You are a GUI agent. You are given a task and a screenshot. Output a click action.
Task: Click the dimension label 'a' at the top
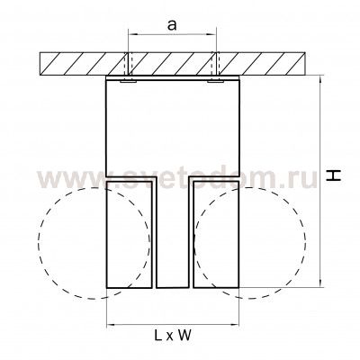point(172,25)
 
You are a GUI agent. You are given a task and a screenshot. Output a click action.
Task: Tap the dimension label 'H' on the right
point(334,175)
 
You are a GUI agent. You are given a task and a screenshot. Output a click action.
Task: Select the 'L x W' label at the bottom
point(173,335)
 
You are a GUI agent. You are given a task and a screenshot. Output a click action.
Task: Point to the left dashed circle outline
point(39,243)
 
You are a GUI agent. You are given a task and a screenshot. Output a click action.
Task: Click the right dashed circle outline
point(306,243)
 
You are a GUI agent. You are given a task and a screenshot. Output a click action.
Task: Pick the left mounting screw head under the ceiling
point(128,81)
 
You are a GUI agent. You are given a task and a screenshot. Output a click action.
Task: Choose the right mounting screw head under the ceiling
point(215,81)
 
